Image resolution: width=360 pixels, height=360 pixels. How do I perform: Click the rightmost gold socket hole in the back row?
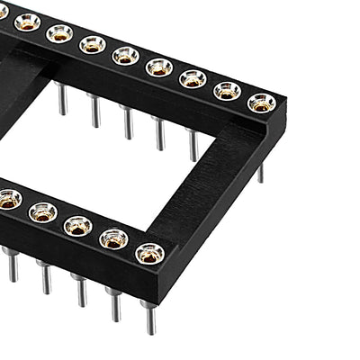click(x=262, y=102)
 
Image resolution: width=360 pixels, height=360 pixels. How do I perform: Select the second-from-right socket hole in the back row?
click(x=227, y=90)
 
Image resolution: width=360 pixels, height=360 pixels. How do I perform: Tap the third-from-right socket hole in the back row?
click(x=193, y=78)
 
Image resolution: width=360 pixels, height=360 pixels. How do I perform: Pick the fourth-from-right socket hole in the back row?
click(x=159, y=67)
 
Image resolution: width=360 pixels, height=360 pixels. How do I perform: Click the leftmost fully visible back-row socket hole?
click(x=28, y=22)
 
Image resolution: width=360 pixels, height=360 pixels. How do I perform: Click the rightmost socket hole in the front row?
click(x=150, y=253)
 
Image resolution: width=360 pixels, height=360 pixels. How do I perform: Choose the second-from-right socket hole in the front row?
click(x=113, y=238)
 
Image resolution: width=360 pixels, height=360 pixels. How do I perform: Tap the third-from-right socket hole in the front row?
click(x=77, y=225)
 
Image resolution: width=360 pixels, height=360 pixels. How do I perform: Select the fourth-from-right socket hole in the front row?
click(x=42, y=211)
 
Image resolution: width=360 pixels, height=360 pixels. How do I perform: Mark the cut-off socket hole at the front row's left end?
click(x=8, y=199)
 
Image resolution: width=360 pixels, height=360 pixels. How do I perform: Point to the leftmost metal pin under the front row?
click(x=12, y=265)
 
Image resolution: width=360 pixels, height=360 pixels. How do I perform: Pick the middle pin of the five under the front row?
click(x=80, y=291)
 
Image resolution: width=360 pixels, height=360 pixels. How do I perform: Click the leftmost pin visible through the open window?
click(x=62, y=98)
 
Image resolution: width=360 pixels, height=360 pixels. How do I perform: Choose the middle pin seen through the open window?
click(x=128, y=121)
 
